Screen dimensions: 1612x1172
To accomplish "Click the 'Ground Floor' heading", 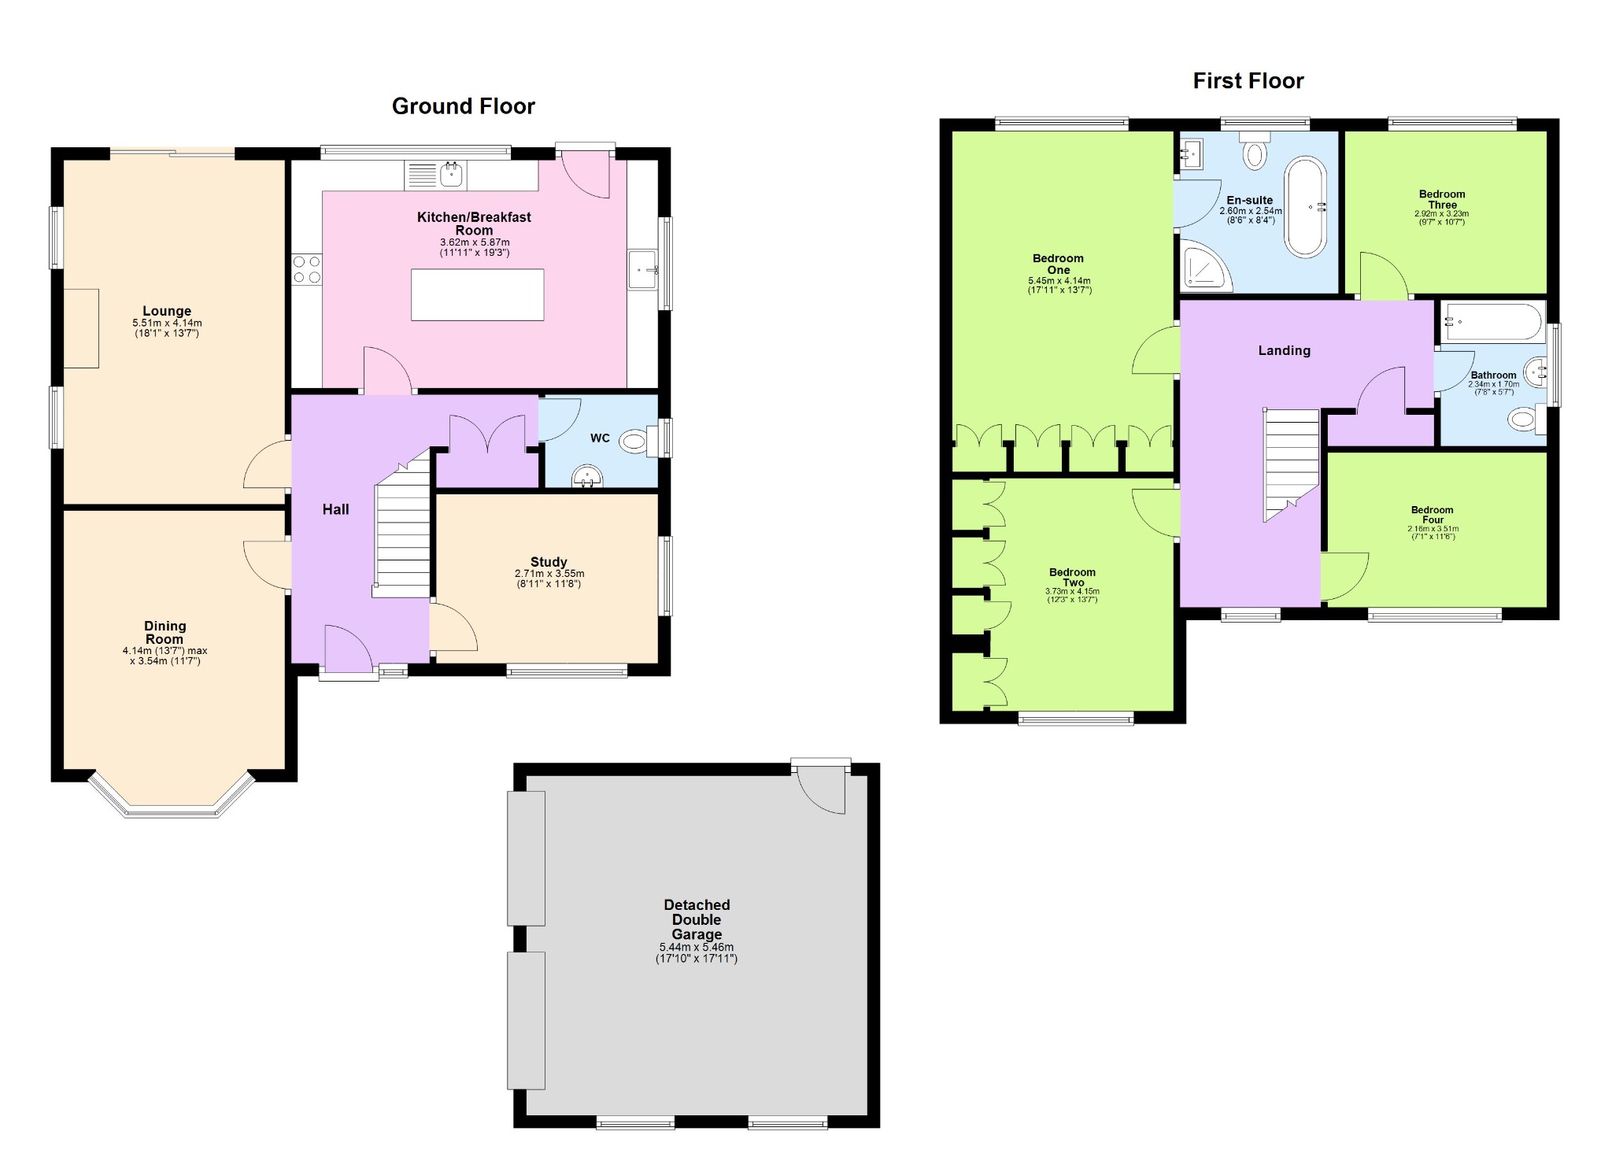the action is (464, 106).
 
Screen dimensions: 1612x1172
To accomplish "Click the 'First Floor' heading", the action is (1248, 81).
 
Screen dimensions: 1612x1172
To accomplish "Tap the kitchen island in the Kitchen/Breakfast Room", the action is (477, 294).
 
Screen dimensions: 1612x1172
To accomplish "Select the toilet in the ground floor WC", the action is (638, 441).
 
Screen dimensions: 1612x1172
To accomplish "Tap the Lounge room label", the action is (167, 311).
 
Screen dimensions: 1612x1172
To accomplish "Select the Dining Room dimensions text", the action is (165, 656).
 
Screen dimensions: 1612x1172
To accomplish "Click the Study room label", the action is (549, 562).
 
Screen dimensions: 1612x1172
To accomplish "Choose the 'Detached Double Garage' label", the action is (697, 919).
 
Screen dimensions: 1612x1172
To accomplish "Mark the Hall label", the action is (335, 509).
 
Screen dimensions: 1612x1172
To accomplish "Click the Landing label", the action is (1285, 351).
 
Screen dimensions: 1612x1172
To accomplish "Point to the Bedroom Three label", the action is (1442, 199).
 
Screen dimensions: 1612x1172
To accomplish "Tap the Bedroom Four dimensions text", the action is (1433, 533).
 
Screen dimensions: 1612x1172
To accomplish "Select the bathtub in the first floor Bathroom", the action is (1493, 322).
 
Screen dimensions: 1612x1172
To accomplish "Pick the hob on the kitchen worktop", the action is (307, 268).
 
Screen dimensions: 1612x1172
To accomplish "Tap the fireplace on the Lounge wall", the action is (81, 328).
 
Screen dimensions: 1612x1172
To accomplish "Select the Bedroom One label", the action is (1058, 264).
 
